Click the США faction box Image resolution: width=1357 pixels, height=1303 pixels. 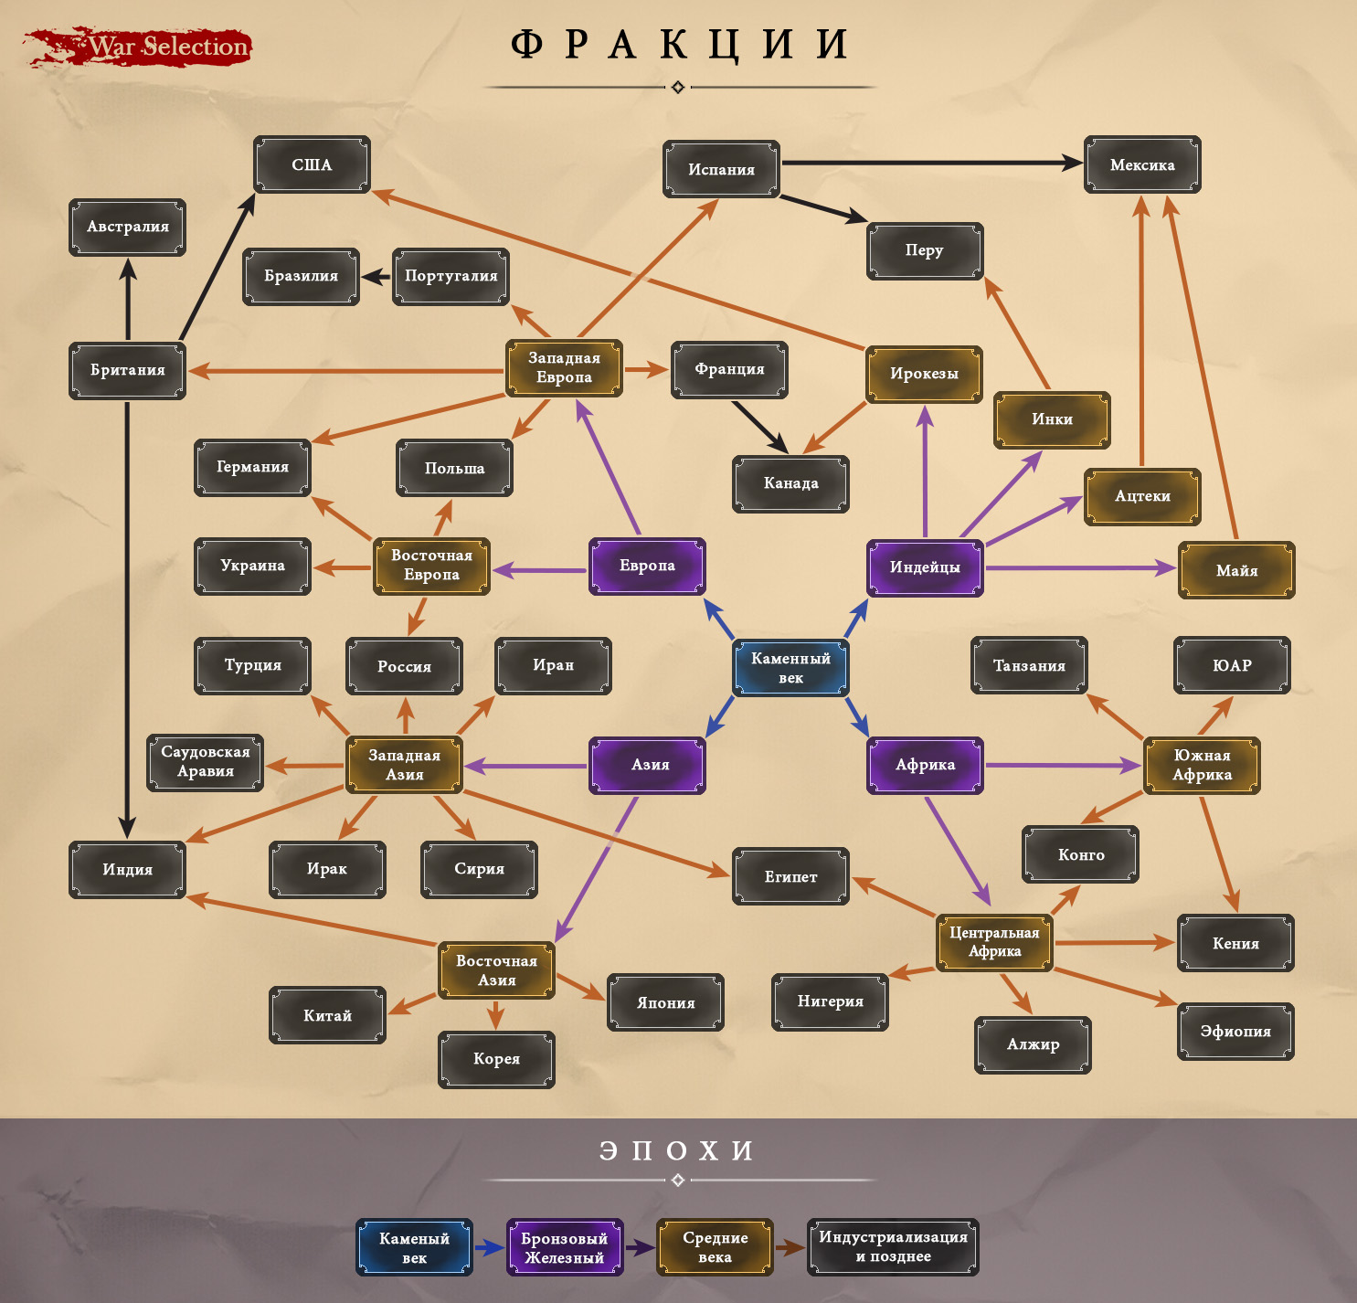312,165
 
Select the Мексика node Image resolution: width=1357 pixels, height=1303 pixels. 1142,165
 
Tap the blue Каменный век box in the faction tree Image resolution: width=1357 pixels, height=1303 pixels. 790,668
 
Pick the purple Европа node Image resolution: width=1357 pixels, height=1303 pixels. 647,566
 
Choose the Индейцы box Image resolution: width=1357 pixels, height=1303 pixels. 925,567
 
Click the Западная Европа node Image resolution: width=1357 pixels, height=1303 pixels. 564,368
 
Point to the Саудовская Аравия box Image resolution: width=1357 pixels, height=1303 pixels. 206,762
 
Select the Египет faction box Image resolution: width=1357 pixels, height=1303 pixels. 790,876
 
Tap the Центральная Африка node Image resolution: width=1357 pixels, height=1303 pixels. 994,942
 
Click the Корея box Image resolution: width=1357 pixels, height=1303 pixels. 496,1059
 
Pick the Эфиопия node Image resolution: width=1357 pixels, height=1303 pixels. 1235,1032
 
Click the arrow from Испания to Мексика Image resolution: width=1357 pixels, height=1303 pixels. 932,164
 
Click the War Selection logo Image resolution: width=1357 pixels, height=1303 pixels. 137,47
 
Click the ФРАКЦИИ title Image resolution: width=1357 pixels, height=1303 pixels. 679,45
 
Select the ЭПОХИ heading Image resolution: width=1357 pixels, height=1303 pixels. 677,1150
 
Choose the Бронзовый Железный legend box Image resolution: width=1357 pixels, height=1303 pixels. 565,1247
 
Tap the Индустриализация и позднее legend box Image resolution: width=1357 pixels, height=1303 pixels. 893,1246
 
